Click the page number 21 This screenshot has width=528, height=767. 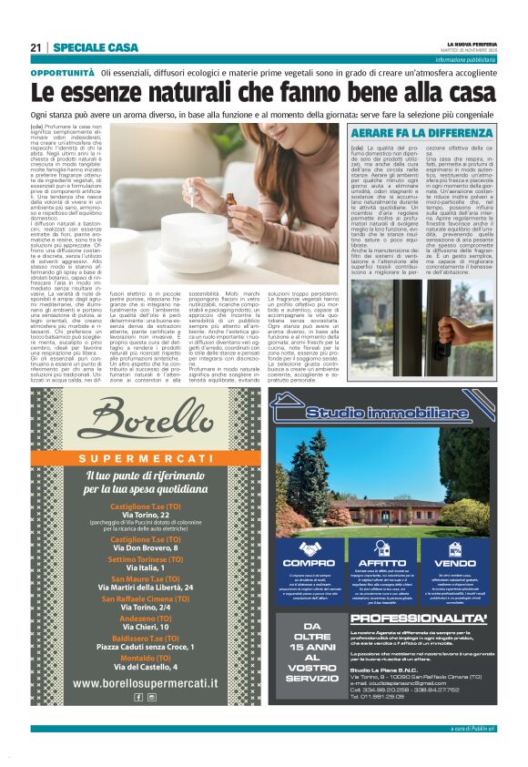point(36,47)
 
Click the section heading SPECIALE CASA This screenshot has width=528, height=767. point(96,47)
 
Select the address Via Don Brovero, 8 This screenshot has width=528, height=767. point(150,549)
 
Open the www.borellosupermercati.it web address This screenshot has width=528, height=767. point(150,682)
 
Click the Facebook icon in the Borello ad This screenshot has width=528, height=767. point(139,697)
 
